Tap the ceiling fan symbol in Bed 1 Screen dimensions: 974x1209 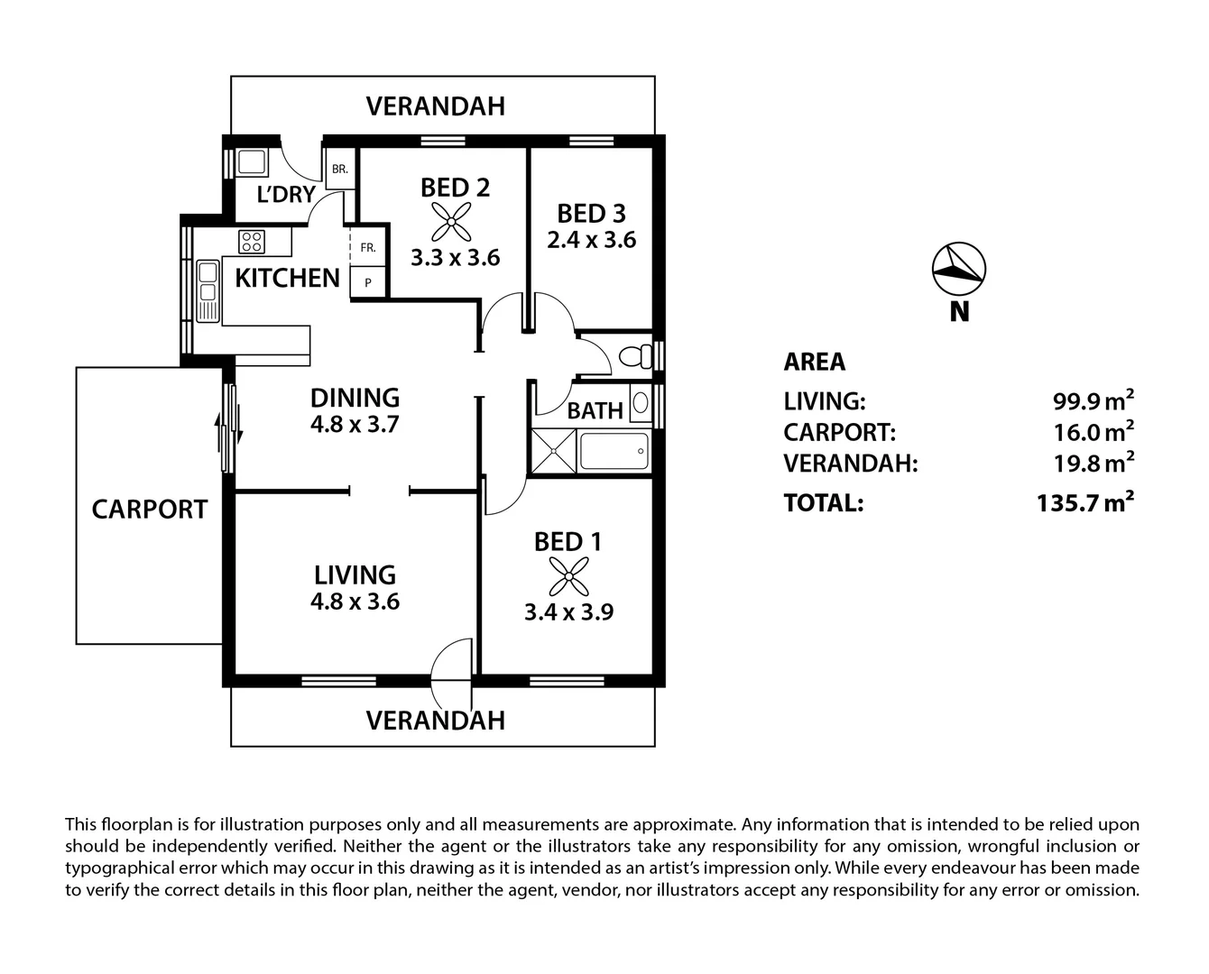click(x=568, y=576)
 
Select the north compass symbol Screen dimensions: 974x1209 click(x=958, y=269)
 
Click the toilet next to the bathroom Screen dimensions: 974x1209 click(x=636, y=354)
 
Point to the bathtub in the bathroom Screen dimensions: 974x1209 click(x=614, y=451)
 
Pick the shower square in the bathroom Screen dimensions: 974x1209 click(x=552, y=451)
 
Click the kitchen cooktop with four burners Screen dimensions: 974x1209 click(x=252, y=241)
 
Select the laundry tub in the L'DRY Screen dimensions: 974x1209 click(x=251, y=162)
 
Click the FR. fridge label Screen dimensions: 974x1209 click(x=368, y=247)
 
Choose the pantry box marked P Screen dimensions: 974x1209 click(x=368, y=282)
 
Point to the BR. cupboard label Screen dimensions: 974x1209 click(x=339, y=169)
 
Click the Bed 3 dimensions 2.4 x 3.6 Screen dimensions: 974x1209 click(x=592, y=240)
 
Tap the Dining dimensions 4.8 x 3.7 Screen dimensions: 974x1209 click(x=355, y=424)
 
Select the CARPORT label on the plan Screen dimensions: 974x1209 click(x=150, y=510)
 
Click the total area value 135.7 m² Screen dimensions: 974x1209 click(x=1084, y=502)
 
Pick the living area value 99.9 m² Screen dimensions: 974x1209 click(x=1093, y=400)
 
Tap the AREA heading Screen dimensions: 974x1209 click(x=815, y=362)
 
